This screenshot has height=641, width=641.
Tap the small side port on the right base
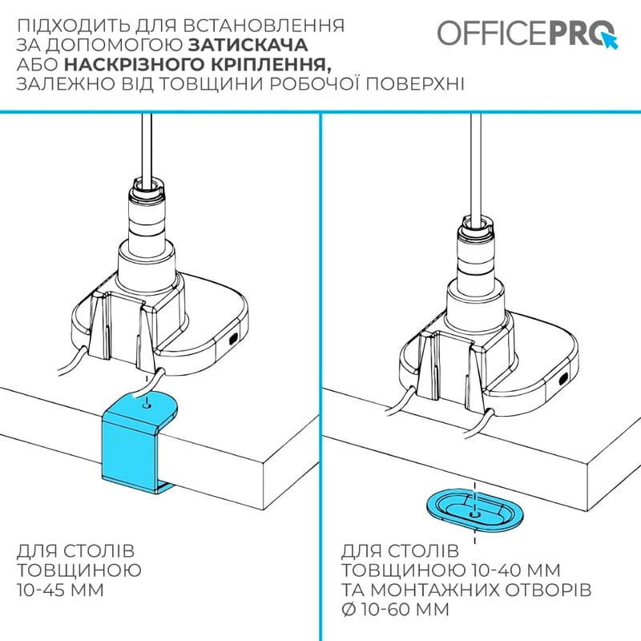pyautogui.click(x=566, y=377)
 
